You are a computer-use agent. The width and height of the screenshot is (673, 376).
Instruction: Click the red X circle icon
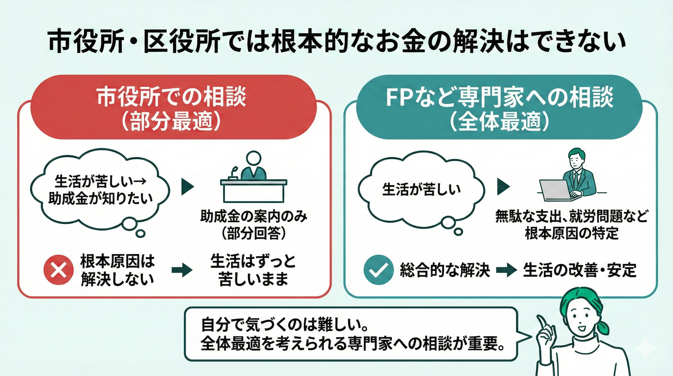click(58, 269)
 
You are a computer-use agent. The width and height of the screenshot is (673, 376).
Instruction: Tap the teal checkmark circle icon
click(378, 270)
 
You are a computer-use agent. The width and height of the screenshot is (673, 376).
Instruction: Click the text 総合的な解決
click(445, 270)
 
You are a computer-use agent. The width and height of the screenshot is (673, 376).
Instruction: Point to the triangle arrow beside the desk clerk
click(188, 187)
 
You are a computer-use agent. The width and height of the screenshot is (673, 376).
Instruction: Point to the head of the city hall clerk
click(253, 159)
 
